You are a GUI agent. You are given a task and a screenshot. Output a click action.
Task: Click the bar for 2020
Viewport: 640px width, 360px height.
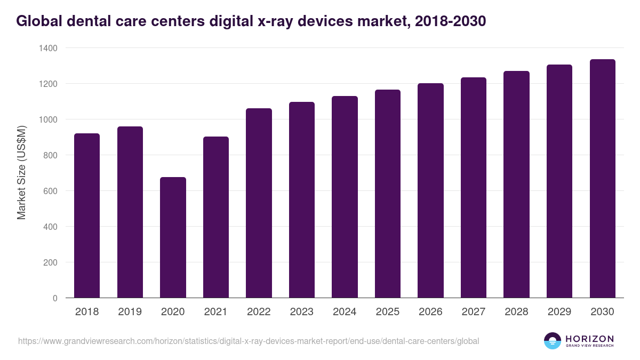click(x=173, y=237)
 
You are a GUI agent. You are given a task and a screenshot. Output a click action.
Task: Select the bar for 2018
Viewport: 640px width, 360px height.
click(x=87, y=215)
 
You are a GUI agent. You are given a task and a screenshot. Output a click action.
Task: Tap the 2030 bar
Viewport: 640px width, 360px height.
click(x=603, y=179)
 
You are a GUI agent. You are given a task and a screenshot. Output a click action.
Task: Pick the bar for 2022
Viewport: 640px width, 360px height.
click(x=259, y=203)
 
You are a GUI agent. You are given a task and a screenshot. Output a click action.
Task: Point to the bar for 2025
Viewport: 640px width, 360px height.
click(x=388, y=194)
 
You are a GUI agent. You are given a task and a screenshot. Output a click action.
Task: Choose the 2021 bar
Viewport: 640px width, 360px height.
click(x=216, y=217)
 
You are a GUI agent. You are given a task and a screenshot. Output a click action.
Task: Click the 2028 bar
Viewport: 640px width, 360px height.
click(x=517, y=185)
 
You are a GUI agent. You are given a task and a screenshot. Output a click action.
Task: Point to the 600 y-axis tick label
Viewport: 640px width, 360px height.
click(x=51, y=191)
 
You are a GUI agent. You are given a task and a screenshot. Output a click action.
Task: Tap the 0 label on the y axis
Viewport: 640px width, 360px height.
click(x=55, y=298)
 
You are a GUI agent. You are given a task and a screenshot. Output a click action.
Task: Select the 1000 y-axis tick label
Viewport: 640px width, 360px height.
click(x=49, y=119)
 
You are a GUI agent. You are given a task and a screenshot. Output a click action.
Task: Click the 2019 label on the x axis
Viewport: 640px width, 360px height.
click(x=130, y=312)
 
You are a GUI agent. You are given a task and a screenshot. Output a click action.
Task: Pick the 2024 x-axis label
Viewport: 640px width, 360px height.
click(x=345, y=312)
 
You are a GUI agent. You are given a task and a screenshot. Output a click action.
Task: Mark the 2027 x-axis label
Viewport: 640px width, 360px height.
click(x=474, y=312)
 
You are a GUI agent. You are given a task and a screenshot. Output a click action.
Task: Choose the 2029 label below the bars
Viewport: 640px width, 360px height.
click(x=559, y=312)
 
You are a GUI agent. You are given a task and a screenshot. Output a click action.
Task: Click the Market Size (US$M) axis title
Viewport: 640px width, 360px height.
click(x=21, y=172)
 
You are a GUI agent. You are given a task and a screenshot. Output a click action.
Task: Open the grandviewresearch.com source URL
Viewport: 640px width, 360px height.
click(x=249, y=341)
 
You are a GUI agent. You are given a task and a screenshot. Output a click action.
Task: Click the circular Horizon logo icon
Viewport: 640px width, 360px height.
click(x=553, y=341)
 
